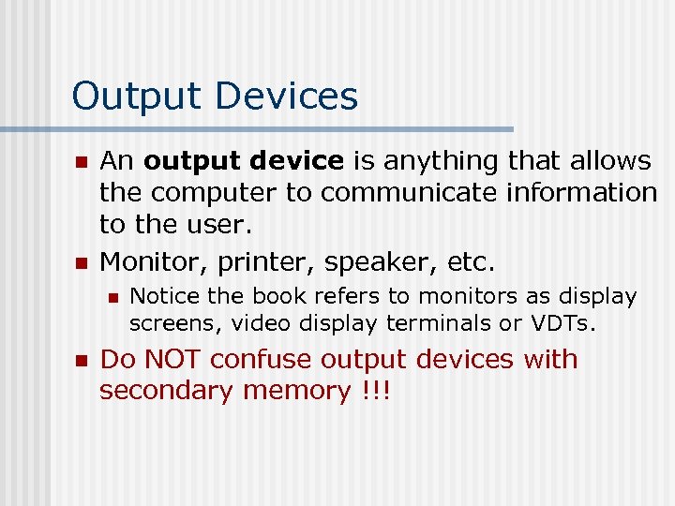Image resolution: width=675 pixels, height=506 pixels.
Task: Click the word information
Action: [x=581, y=192]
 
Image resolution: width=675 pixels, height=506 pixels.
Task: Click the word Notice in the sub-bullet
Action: [x=165, y=296]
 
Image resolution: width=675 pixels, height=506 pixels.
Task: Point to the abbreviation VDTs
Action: [x=567, y=323]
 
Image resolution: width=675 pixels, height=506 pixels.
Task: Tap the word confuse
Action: [x=272, y=360]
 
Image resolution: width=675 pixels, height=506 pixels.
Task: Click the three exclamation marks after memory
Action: [x=374, y=391]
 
